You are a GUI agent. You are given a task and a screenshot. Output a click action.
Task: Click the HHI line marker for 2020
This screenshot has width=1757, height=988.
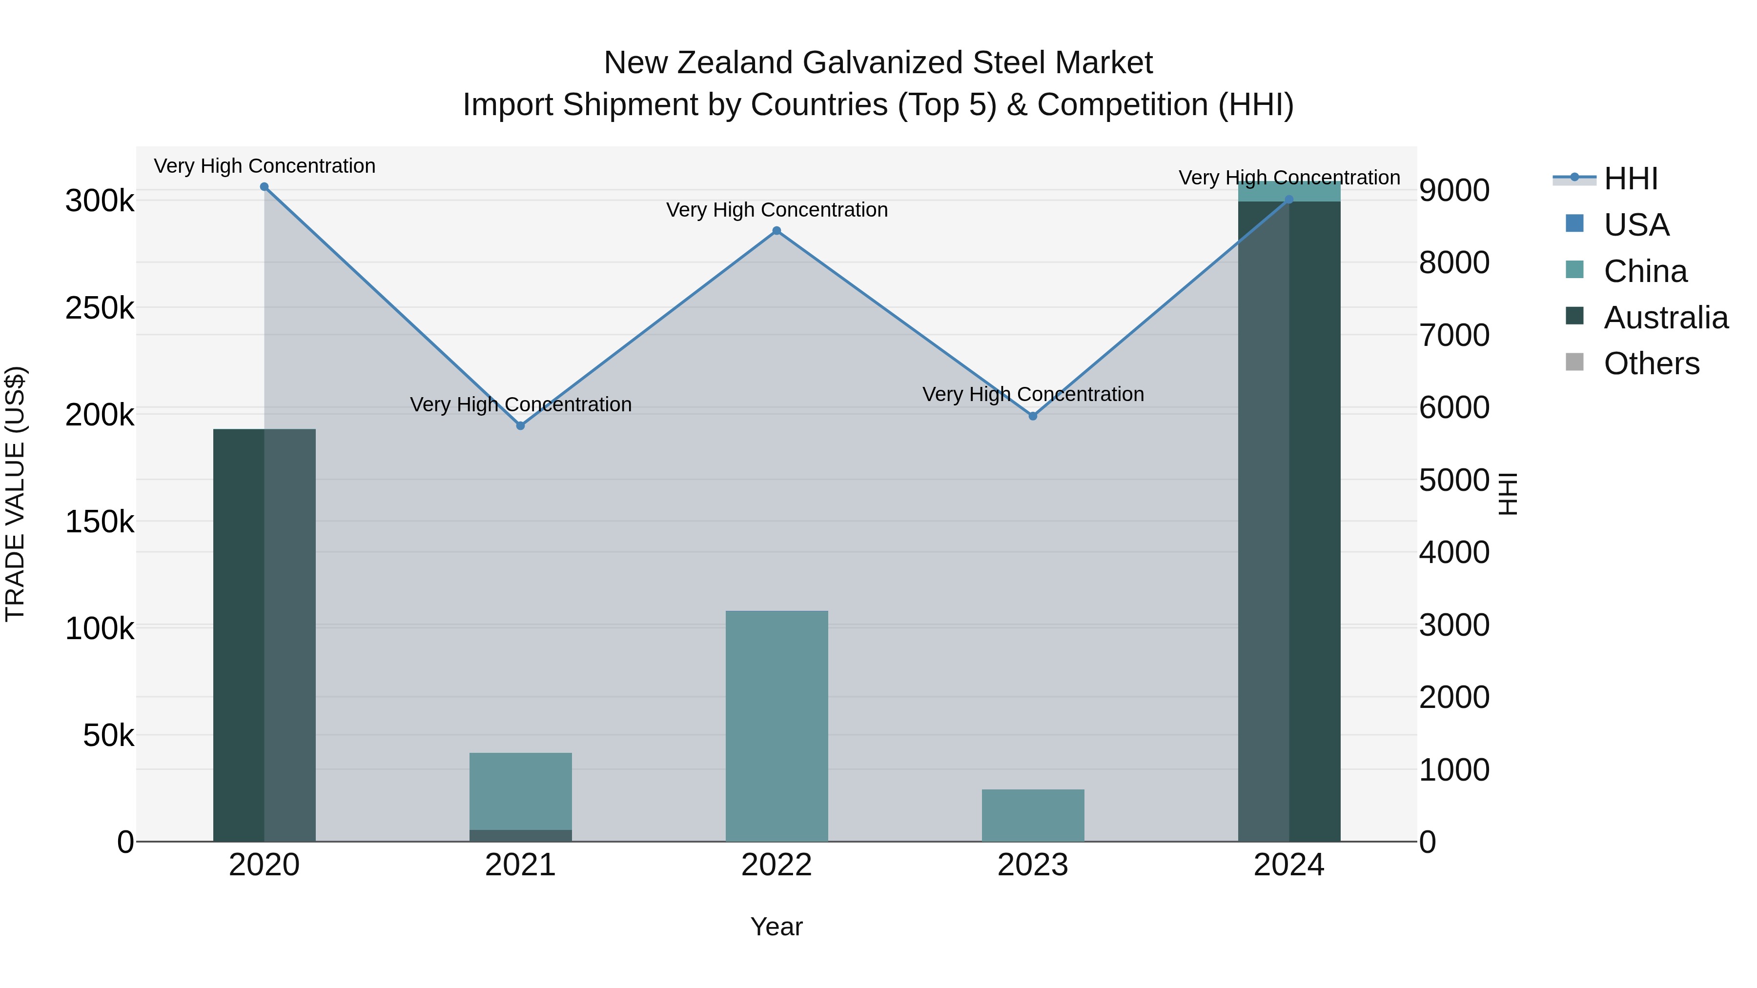click(x=264, y=187)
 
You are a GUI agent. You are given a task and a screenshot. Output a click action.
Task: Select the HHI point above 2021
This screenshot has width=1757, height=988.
click(x=520, y=425)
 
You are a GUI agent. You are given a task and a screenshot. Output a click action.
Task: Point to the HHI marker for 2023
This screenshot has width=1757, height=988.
click(x=1033, y=416)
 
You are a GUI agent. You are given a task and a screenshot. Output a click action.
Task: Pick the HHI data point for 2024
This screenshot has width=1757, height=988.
click(x=1288, y=200)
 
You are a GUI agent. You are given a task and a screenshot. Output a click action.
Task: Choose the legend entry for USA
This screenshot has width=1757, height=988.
click(x=1635, y=225)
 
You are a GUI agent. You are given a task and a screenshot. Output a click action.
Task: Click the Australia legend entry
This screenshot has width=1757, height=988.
click(x=1665, y=318)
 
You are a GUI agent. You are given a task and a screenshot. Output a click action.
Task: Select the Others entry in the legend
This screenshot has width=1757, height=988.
click(x=1651, y=363)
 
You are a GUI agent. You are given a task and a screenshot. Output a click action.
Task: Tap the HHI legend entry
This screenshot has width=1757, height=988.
click(x=1630, y=179)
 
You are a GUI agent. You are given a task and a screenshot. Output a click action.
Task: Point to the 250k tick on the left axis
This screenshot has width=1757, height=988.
click(x=100, y=308)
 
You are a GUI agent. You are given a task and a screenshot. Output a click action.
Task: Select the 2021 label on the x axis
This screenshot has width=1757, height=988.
click(x=520, y=865)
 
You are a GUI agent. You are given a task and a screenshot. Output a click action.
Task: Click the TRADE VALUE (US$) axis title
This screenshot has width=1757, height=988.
click(x=15, y=494)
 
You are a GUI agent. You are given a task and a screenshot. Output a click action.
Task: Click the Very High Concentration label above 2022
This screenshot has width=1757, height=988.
click(x=777, y=210)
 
